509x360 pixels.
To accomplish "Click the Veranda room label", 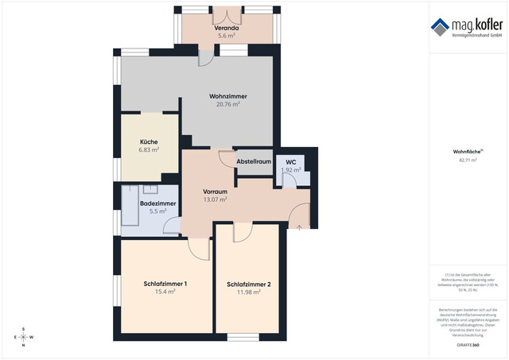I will coord(227,27).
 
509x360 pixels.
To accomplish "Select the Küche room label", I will coord(149,141).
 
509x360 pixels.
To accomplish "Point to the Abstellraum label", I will coord(254,162).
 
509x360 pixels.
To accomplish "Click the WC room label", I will coord(291,161).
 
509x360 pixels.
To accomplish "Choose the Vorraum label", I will coord(216,192).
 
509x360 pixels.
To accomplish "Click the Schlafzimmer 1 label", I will coord(165,284).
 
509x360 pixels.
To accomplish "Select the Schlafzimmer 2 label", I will coord(248,285).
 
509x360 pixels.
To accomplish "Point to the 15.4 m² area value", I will coord(165,292).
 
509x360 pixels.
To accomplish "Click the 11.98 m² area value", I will coord(249,292).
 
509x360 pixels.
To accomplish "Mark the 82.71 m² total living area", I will coord(468,160).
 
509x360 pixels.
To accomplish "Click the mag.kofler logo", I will coord(467,29).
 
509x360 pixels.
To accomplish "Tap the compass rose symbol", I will coord(23,337).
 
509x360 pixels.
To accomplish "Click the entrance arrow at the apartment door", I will coord(299,226).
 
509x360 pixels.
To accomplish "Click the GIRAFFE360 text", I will coord(468,346).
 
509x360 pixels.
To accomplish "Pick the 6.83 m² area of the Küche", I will coord(149,149).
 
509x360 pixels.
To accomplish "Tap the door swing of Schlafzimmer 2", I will coord(241,232).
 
